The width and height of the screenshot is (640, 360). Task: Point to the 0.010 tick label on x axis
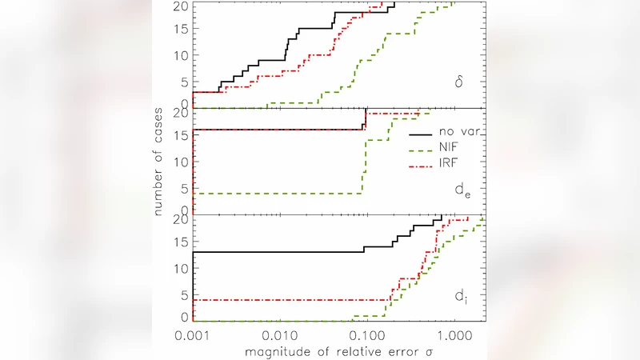[x=280, y=332]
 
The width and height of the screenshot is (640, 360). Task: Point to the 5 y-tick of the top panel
[x=185, y=81]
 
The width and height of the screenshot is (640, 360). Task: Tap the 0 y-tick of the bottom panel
[x=185, y=318]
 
